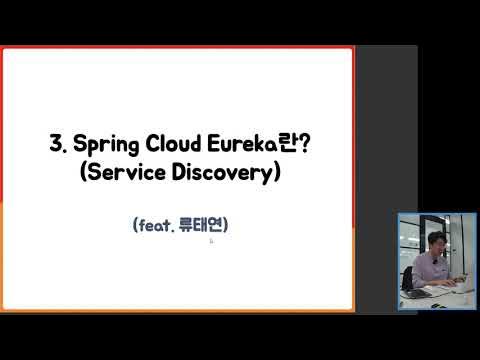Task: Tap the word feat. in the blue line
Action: [154, 226]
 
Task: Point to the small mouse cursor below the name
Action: [211, 240]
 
